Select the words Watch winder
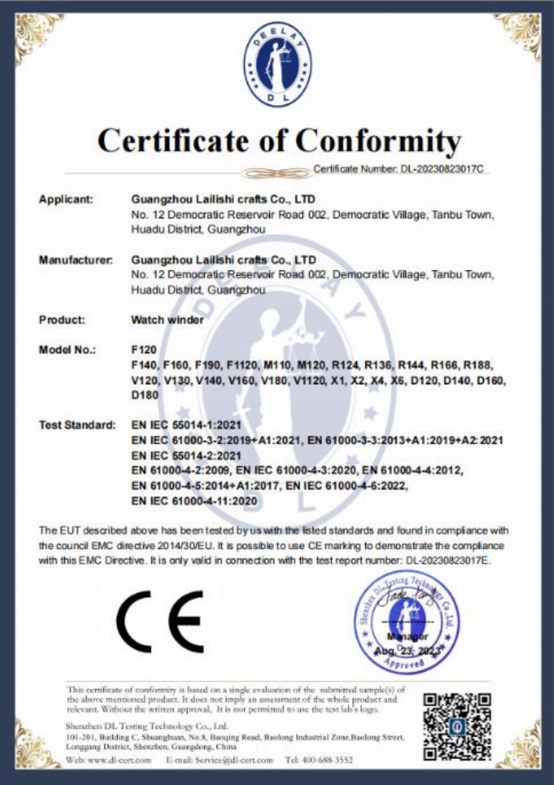[x=167, y=320]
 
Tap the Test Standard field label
[x=76, y=425]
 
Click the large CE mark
[x=160, y=622]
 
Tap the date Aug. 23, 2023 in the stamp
[x=407, y=650]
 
